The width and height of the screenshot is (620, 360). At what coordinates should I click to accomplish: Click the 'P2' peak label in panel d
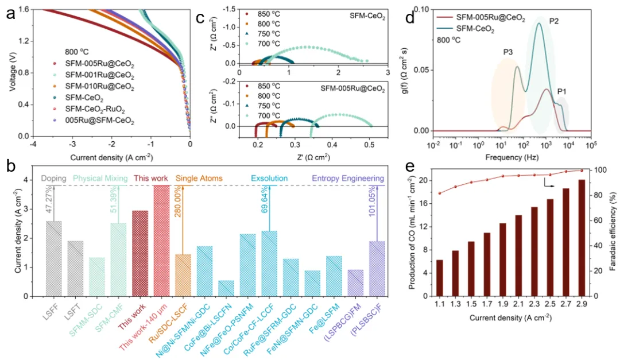click(x=554, y=21)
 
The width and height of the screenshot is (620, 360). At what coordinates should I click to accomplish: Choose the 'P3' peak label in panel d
click(x=508, y=52)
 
